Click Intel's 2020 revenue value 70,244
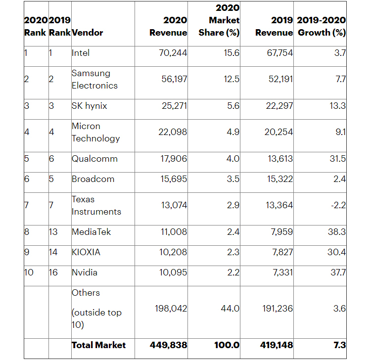pos(173,53)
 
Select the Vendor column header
pos(87,33)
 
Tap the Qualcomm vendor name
pos(94,158)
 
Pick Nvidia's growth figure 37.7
pos(338,272)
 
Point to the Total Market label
pos(98,345)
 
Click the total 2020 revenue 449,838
pos(169,345)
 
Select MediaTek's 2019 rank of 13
pos(53,232)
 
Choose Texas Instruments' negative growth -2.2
pos(338,205)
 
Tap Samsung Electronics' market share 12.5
pos(232,79)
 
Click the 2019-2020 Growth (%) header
pos(322,26)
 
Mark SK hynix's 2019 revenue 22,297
pos(279,106)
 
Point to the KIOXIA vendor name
pos(86,252)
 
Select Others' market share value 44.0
pos(230,309)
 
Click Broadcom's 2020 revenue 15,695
pos(174,179)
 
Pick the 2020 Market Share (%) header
pos(219,20)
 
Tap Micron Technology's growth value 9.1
pos(341,132)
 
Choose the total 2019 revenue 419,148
pos(277,345)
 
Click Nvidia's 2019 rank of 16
pos(53,272)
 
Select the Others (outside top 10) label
pos(96,309)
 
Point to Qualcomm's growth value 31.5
pos(338,158)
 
